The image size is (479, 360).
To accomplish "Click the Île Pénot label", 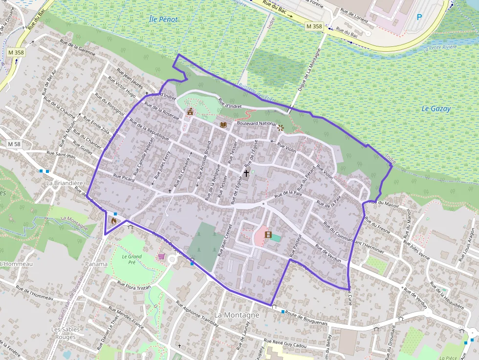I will pos(163,20).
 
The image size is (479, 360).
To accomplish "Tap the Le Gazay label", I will pos(436,109).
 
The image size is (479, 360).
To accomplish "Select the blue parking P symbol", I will pos(419,17).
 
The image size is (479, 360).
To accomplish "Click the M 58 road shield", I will pos(15,144).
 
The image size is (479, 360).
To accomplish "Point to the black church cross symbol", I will pos(246,173).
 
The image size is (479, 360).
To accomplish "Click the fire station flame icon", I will pos(114,220).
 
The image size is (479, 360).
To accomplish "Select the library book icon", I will pos(223,125).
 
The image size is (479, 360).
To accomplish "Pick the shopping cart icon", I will pos(161,256).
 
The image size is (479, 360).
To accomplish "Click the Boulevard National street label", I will pos(257,124).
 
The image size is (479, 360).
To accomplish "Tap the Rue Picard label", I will pos(123,178).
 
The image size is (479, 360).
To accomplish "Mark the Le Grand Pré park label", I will pos(131,259).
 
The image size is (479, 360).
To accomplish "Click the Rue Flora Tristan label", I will pos(133,287).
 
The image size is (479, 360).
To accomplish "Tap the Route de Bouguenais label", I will pos(306,318).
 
